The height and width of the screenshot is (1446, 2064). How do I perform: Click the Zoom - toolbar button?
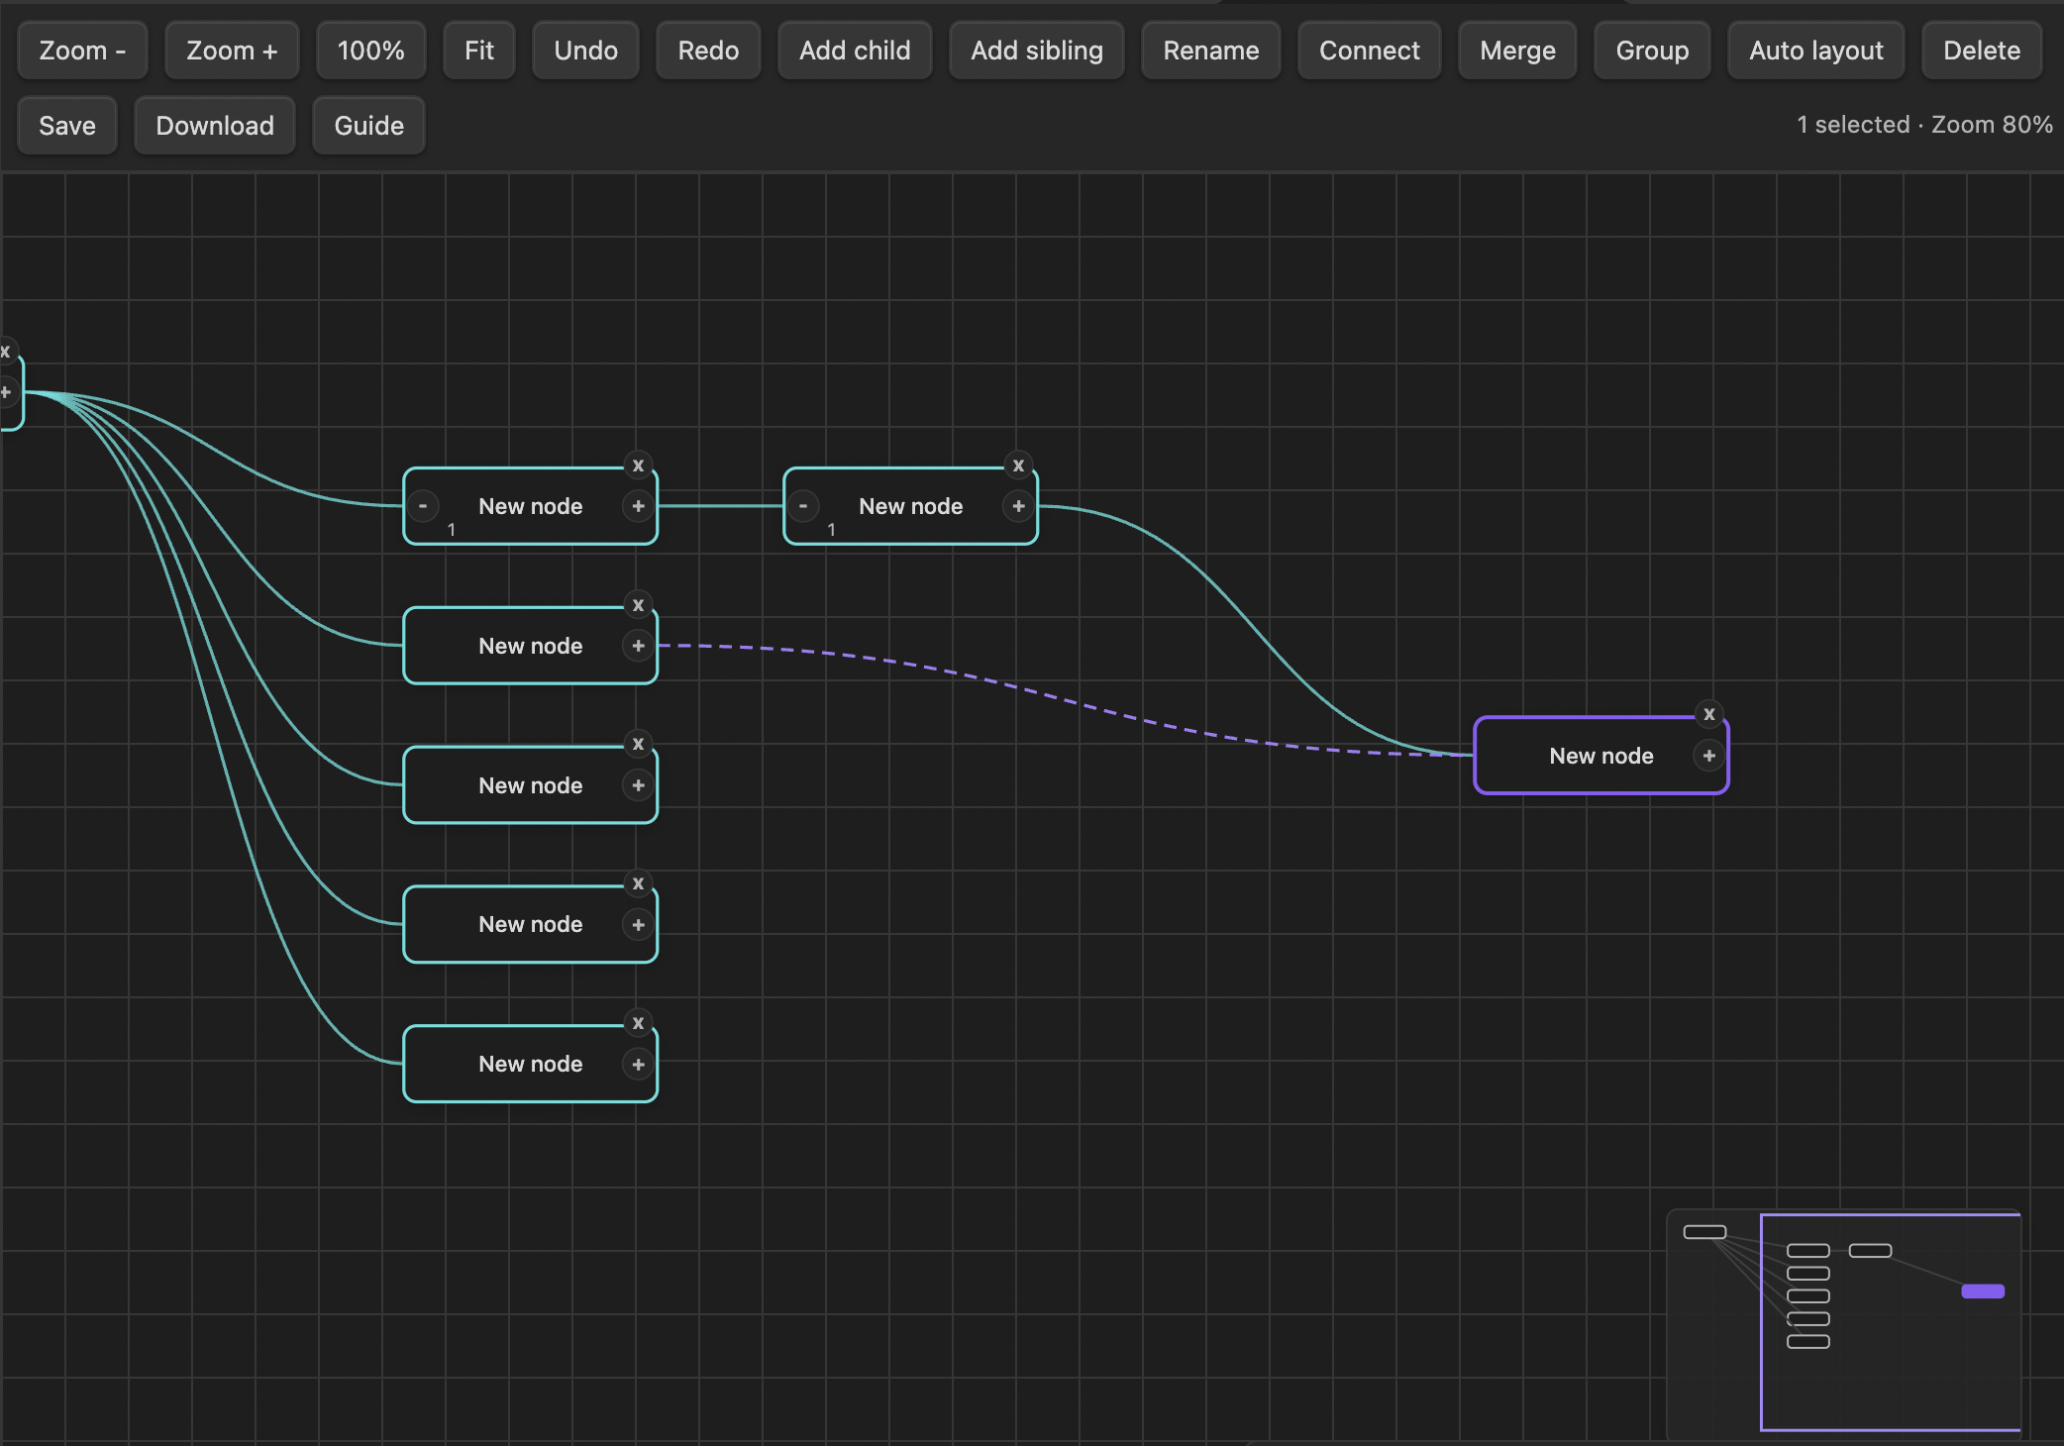(x=82, y=51)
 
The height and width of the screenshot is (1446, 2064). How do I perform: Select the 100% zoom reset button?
(x=370, y=51)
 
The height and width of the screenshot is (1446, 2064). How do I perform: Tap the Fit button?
(x=479, y=51)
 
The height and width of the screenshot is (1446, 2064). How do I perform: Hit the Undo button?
(x=585, y=51)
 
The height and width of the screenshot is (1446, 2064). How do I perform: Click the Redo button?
(x=708, y=51)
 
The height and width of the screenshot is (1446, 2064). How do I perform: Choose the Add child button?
(x=855, y=51)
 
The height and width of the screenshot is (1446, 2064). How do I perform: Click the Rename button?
(x=1211, y=51)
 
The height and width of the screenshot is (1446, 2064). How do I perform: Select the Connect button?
(x=1369, y=51)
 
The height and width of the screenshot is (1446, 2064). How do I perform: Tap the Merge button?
(x=1517, y=51)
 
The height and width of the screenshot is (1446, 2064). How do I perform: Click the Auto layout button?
(x=1816, y=51)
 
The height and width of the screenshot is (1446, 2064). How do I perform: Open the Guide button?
(x=368, y=126)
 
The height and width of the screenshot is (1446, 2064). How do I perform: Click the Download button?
(x=215, y=126)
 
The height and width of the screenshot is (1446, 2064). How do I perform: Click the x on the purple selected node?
(x=1709, y=714)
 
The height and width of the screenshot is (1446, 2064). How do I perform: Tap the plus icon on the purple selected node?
(x=1709, y=756)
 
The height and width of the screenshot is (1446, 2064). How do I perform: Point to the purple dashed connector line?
(x=1066, y=698)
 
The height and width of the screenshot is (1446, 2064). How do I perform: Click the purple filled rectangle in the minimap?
(x=1983, y=1291)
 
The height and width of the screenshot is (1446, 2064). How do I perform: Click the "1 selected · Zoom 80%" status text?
(x=1924, y=125)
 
